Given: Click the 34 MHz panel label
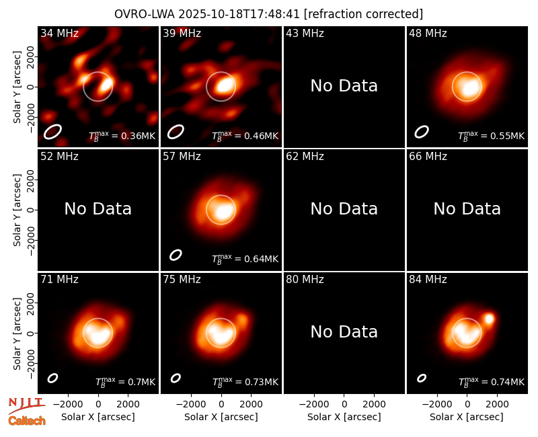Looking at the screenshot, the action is [x=59, y=33].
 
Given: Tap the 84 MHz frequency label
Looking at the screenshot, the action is [x=428, y=280].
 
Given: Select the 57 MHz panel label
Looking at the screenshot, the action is [x=182, y=157].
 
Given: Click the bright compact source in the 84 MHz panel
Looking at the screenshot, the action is [x=489, y=319].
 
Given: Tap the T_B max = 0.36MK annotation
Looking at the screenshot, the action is [x=122, y=136].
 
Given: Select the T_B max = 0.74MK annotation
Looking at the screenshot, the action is [x=492, y=382].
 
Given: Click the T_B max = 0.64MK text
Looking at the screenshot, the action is [x=245, y=259].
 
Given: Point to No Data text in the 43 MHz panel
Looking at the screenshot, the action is [x=344, y=86].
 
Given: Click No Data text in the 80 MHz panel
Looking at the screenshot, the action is [x=344, y=331].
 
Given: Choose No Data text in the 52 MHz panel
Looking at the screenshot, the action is [x=98, y=208].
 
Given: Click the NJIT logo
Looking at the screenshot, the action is [x=26, y=405].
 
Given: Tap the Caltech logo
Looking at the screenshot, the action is [x=27, y=421].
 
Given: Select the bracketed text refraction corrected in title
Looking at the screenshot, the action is [x=363, y=14].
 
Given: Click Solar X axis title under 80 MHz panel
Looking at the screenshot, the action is [x=344, y=417].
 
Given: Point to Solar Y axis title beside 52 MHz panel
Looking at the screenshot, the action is [x=17, y=210].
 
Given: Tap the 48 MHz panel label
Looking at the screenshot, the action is [x=428, y=33].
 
